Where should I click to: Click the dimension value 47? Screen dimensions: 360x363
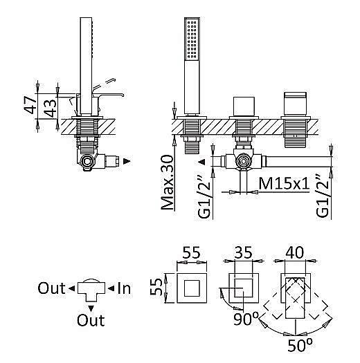30,105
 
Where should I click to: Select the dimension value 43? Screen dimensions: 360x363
51,108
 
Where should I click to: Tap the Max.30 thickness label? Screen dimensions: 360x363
168,183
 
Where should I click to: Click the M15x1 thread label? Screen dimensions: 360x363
284,183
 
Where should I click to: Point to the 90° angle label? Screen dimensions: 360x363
246,319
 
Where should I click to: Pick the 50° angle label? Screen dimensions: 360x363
300,346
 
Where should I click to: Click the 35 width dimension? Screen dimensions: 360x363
244,252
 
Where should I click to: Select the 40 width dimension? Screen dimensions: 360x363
295,252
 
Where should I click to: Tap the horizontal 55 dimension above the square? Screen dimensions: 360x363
191,252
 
